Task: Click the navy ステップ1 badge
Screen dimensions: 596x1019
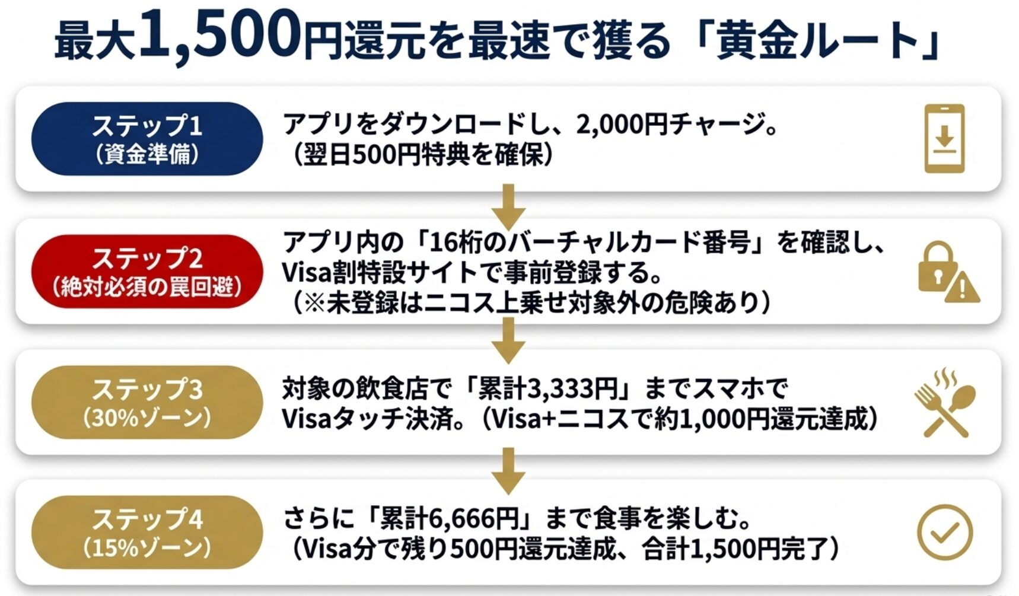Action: pos(147,139)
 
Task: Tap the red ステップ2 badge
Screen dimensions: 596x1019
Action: pos(147,272)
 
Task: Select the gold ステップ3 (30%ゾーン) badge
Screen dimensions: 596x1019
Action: pos(147,402)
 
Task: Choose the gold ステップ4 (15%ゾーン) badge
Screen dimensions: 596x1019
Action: pos(147,533)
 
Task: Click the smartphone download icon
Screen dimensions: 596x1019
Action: pos(944,138)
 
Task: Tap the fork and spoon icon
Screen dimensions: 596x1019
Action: pos(944,403)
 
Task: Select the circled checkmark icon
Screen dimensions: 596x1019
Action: pos(944,532)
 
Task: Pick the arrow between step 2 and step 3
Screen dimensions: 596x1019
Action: pos(508,339)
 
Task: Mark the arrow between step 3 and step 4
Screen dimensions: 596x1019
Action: pos(508,470)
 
